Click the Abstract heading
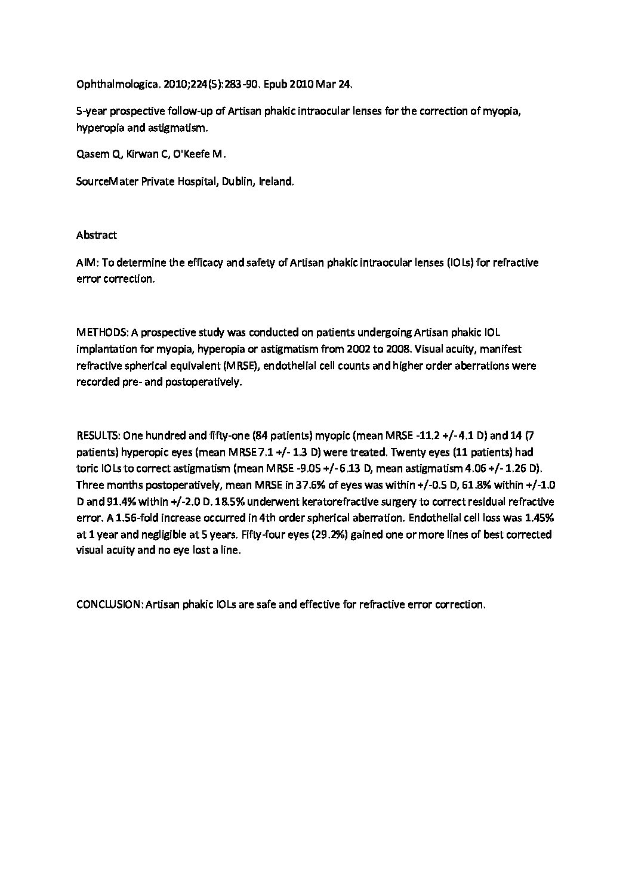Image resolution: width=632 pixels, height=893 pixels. point(96,235)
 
